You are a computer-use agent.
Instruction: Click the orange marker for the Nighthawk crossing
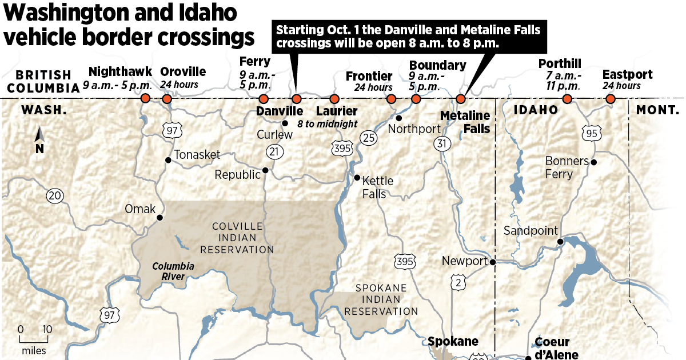coord(145,99)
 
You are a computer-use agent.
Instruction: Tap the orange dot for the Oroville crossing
coord(166,99)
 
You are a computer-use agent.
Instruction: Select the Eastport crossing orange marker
coord(610,99)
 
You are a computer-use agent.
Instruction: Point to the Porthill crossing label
coord(560,63)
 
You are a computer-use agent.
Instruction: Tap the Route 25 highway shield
coord(368,137)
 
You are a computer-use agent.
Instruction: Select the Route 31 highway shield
coord(441,144)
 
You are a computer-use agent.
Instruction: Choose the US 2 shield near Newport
coord(457,281)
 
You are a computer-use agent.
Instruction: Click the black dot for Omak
coord(160,217)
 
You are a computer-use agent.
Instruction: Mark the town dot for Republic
coord(265,170)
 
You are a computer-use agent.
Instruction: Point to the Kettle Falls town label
coord(378,187)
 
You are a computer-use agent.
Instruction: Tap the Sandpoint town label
coord(529,231)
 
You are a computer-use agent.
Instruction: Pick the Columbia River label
coord(173,271)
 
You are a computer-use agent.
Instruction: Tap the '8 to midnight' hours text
coord(327,123)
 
